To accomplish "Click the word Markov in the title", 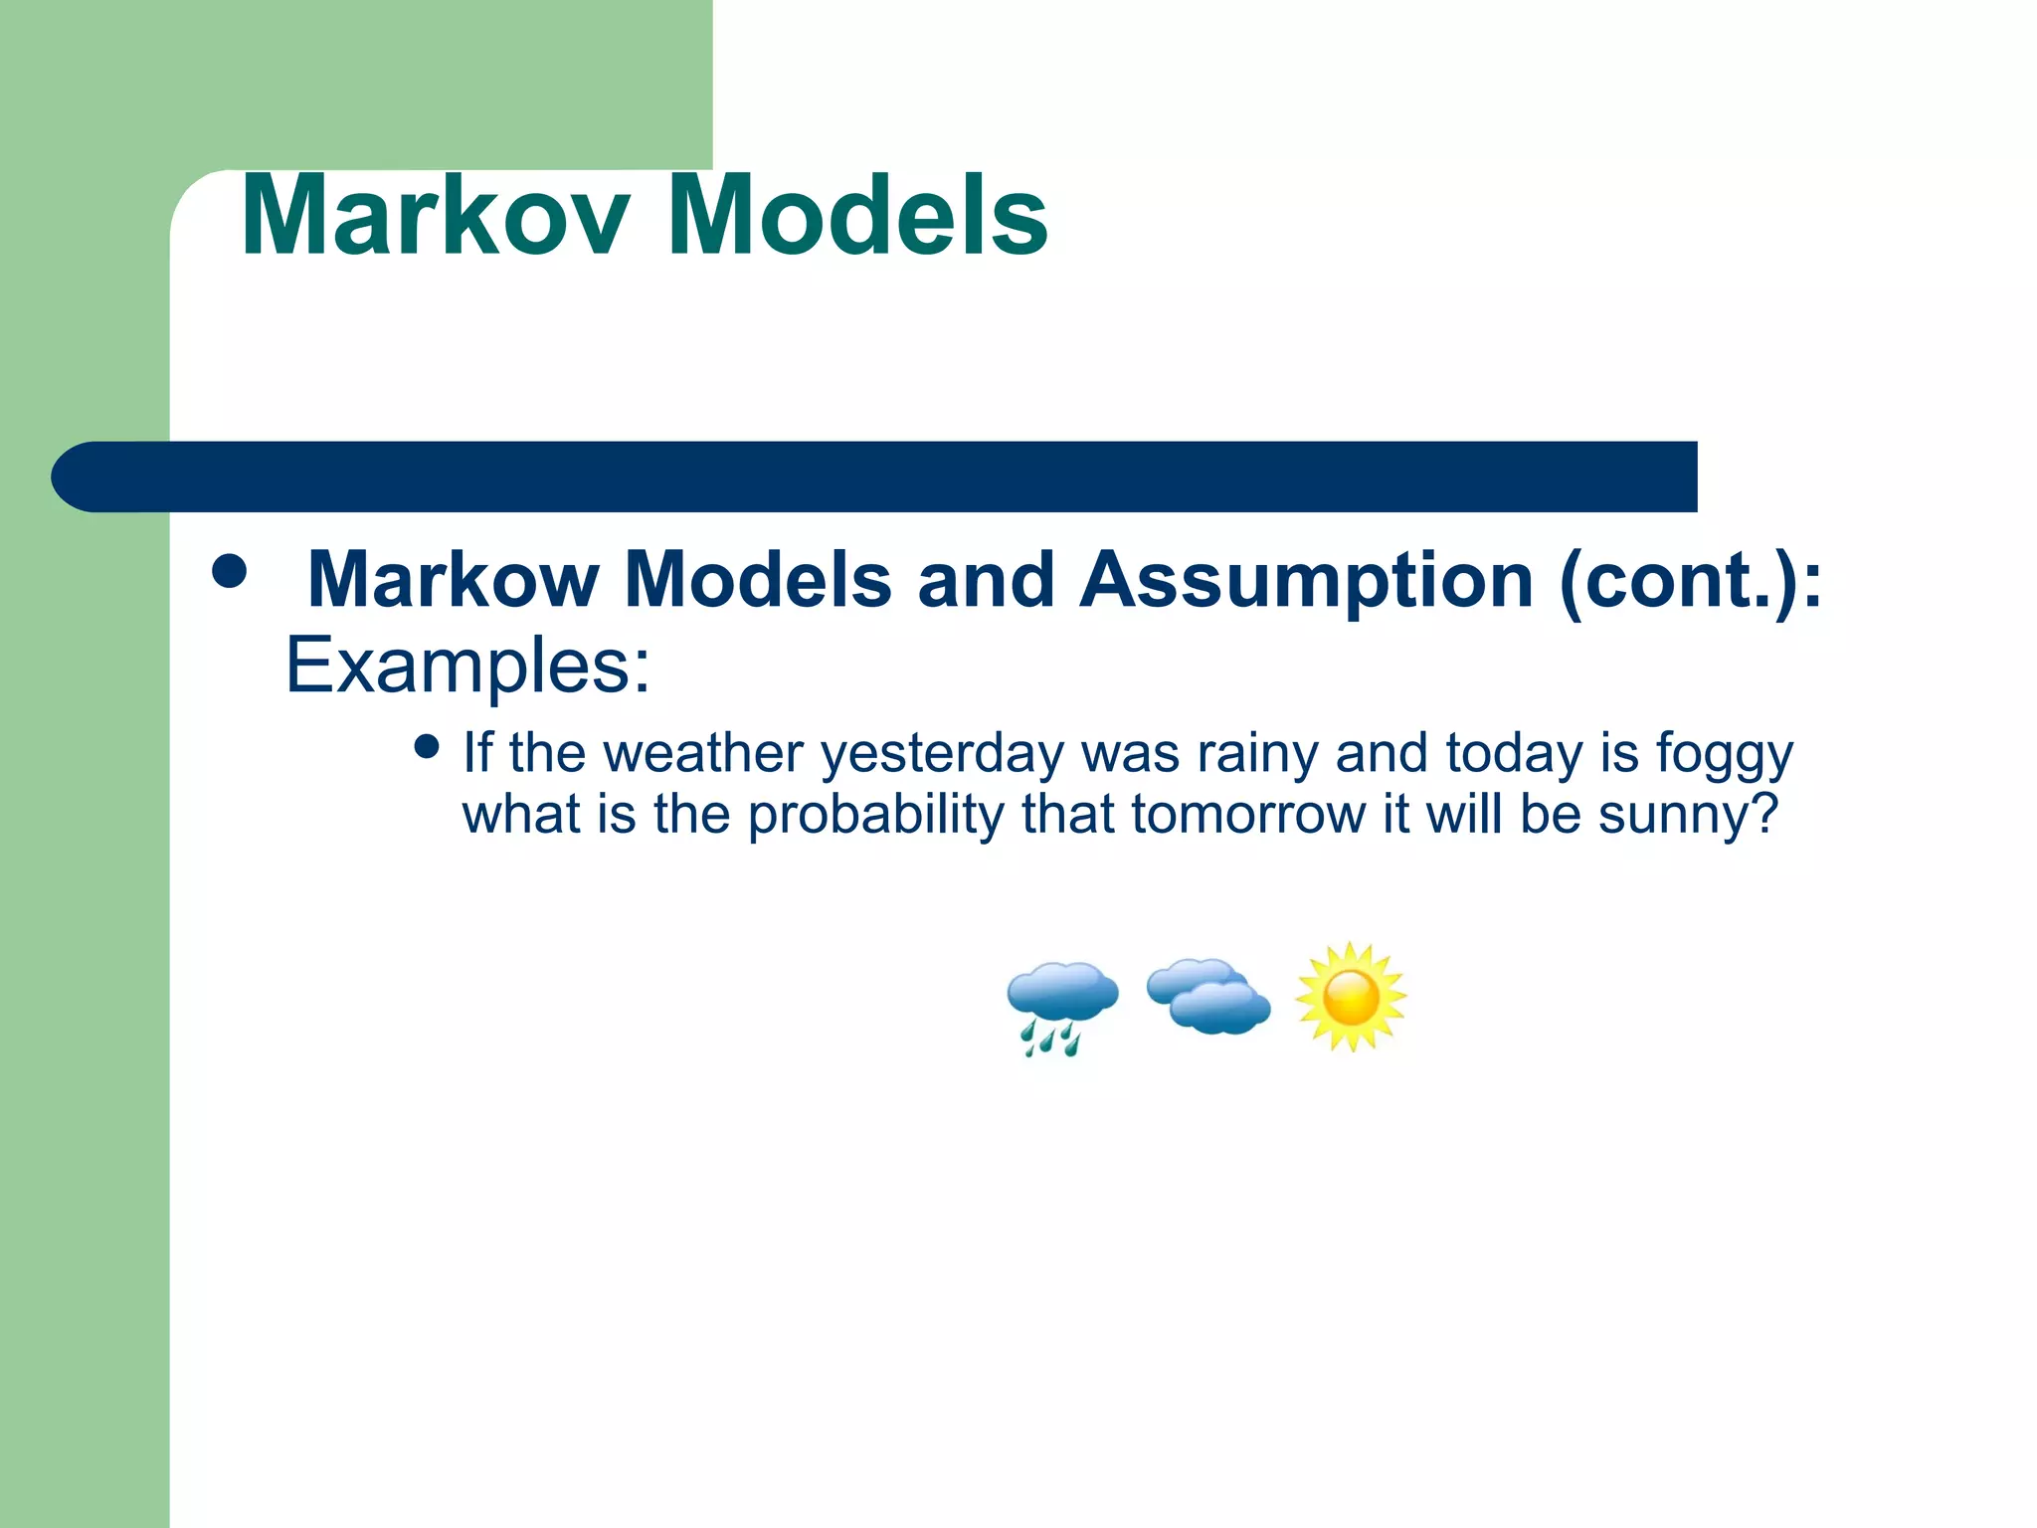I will coord(436,216).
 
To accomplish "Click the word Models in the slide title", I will coord(857,216).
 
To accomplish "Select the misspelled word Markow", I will coord(454,580).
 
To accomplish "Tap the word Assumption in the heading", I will coord(1307,580).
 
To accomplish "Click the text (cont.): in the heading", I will coord(1691,580).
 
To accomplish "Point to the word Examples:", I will coord(467,665).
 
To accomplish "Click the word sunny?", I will coord(1687,815).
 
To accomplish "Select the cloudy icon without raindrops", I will coord(1207,996).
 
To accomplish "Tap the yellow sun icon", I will coord(1351,997).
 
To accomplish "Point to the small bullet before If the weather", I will coord(427,747).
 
